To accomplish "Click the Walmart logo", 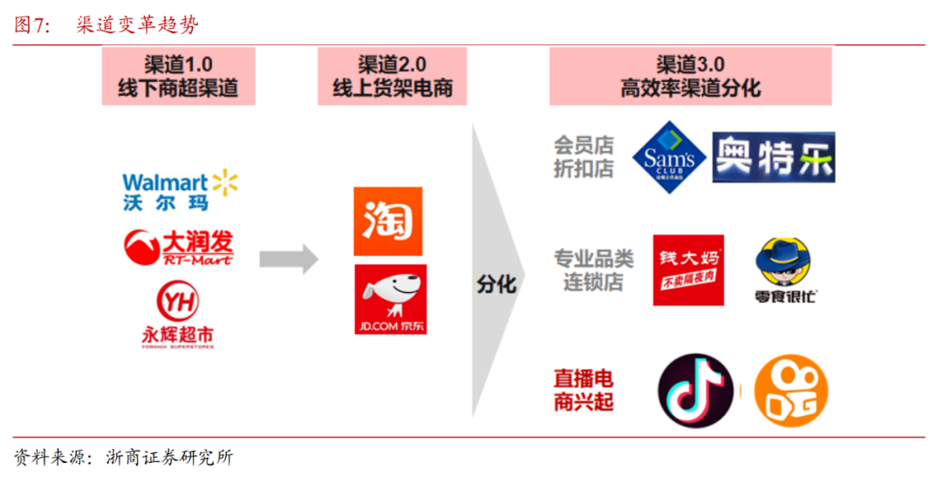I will tap(180, 191).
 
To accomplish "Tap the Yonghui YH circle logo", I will tap(177, 302).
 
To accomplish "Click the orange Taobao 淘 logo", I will tap(388, 221).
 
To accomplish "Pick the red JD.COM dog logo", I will tap(389, 300).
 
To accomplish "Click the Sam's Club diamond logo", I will tap(668, 157).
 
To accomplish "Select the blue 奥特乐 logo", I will tap(773, 157).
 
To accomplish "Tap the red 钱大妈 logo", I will tap(687, 269).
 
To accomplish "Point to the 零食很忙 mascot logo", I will tap(786, 269).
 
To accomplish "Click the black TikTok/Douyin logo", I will tap(694, 391).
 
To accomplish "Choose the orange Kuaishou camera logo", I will tap(790, 391).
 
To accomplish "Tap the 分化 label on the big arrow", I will tap(496, 284).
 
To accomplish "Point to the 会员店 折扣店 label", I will tap(584, 157).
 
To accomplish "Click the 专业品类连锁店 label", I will tap(593, 271).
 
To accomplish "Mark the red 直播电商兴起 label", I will tap(584, 391).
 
